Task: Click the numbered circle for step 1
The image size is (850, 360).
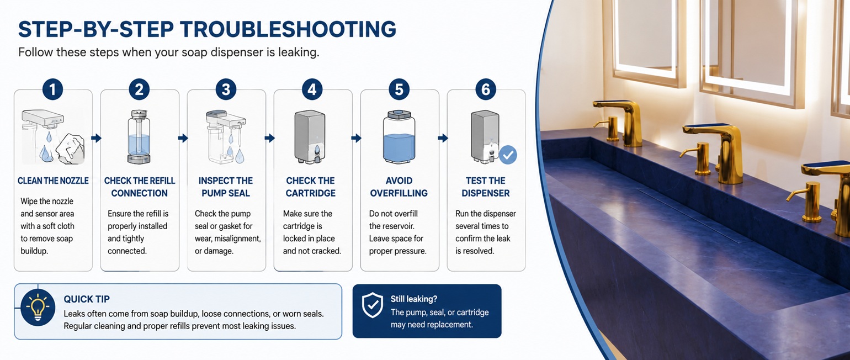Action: click(x=53, y=89)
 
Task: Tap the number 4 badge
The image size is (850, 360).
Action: click(x=312, y=89)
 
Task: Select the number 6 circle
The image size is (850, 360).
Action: click(x=485, y=89)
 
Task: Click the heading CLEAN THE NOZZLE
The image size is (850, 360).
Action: click(x=53, y=181)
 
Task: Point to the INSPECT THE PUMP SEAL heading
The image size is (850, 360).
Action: click(x=226, y=187)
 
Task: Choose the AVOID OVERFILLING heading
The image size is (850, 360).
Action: click(x=399, y=187)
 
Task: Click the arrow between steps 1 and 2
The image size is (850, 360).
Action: click(x=97, y=138)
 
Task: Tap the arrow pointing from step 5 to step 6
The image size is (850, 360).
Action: click(x=443, y=138)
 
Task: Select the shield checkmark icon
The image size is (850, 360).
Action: click(x=372, y=305)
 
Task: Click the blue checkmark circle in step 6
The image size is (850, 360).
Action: click(x=508, y=155)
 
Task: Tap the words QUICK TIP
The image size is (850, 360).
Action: click(x=87, y=299)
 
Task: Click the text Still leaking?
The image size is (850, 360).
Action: click(x=414, y=299)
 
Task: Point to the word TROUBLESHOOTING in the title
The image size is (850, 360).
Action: click(x=288, y=29)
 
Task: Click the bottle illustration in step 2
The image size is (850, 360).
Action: click(x=139, y=137)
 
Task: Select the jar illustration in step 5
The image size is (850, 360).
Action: click(x=399, y=137)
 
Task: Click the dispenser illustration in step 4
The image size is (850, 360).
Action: click(x=310, y=137)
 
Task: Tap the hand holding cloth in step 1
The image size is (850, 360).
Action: click(x=70, y=149)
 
